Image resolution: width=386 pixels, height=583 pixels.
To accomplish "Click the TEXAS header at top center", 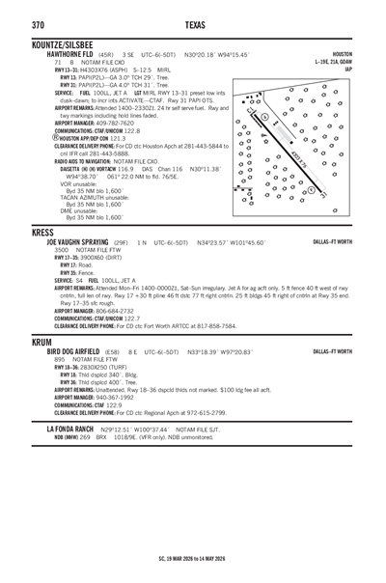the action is click(193, 24).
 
